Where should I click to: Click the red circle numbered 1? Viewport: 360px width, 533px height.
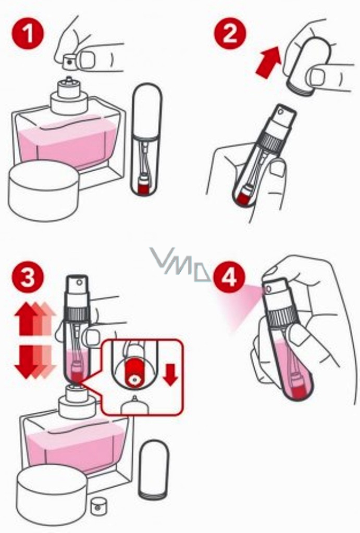point(28,34)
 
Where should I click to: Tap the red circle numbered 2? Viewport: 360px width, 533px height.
point(230,34)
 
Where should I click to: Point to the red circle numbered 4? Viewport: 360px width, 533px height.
point(229,277)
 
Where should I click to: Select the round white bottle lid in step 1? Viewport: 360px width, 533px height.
point(44,191)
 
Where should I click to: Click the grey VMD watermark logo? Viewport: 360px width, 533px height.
point(181,265)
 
